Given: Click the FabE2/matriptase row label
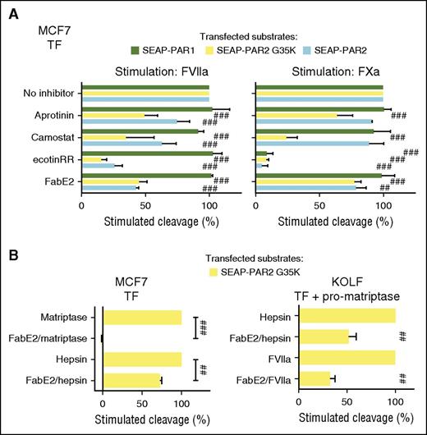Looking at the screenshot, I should tap(50, 337).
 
